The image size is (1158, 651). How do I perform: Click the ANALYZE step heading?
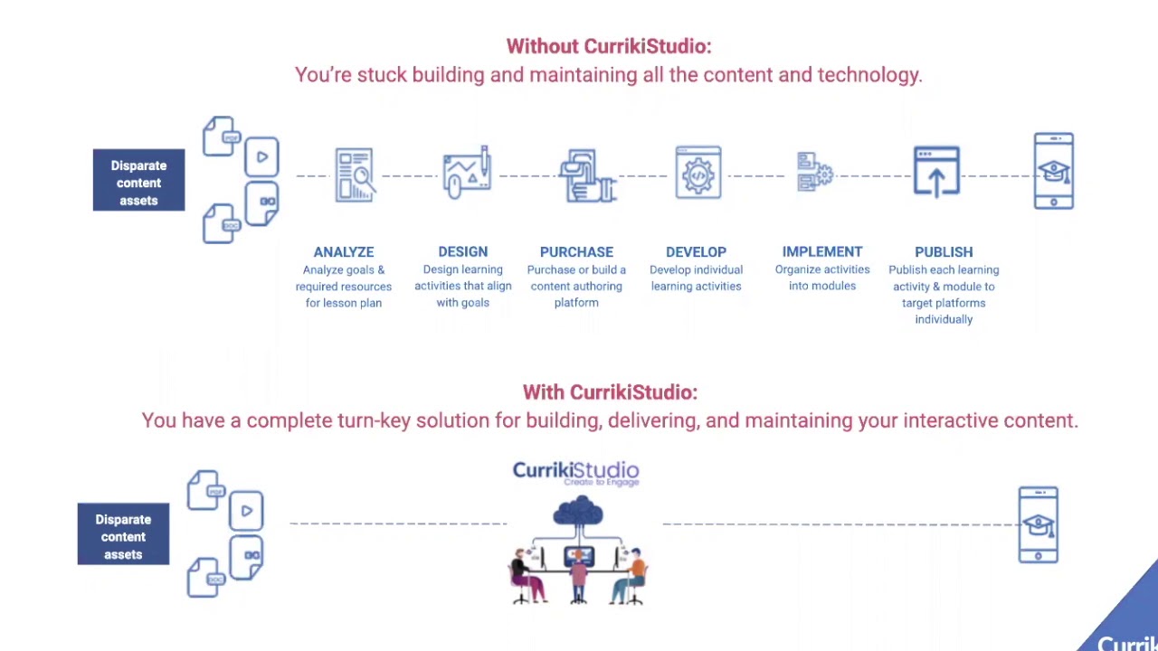click(343, 251)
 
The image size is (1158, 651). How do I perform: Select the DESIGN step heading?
click(462, 251)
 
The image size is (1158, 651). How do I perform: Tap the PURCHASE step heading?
click(576, 251)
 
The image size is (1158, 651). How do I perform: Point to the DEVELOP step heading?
click(696, 251)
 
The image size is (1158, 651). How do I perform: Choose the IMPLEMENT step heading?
click(821, 251)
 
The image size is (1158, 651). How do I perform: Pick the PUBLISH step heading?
click(944, 251)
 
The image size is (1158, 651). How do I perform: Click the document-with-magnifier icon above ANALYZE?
click(354, 175)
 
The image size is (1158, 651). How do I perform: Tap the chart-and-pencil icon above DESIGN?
click(467, 172)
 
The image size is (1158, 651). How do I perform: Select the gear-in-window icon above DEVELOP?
click(698, 173)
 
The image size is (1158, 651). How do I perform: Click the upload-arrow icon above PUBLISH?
click(936, 172)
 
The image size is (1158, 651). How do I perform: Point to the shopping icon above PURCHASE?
click(587, 175)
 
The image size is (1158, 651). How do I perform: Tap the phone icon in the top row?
click(1054, 171)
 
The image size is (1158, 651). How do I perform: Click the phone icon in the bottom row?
click(1038, 524)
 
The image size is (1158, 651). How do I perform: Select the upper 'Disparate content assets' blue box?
click(138, 183)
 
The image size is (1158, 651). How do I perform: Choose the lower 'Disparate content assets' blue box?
click(123, 536)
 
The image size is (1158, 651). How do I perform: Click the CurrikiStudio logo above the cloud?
click(576, 472)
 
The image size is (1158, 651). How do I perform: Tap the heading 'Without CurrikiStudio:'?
click(608, 46)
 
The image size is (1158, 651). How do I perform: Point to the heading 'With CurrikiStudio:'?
click(610, 392)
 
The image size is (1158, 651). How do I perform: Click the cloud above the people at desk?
click(577, 512)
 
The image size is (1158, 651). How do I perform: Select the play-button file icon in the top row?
click(261, 157)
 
